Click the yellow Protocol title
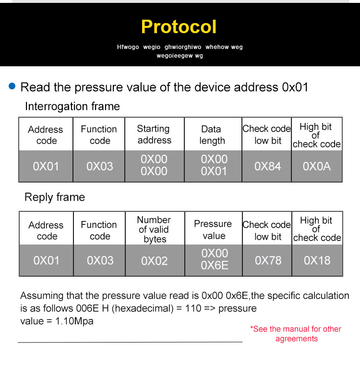click(179, 27)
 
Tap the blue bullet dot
click(12, 86)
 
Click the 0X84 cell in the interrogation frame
click(267, 166)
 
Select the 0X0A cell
click(317, 166)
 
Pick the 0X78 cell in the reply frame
click(268, 260)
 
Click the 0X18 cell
click(317, 260)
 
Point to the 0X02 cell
click(155, 261)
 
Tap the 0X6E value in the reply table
click(215, 265)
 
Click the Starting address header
click(154, 135)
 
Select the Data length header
click(212, 135)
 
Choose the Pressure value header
click(213, 230)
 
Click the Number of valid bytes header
click(154, 230)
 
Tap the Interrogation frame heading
click(72, 107)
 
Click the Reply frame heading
click(55, 197)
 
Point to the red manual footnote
click(296, 334)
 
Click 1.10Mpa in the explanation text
click(74, 321)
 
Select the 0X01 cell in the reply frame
click(46, 260)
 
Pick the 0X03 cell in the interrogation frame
click(100, 166)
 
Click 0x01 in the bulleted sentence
click(295, 87)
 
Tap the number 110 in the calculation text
click(193, 308)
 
